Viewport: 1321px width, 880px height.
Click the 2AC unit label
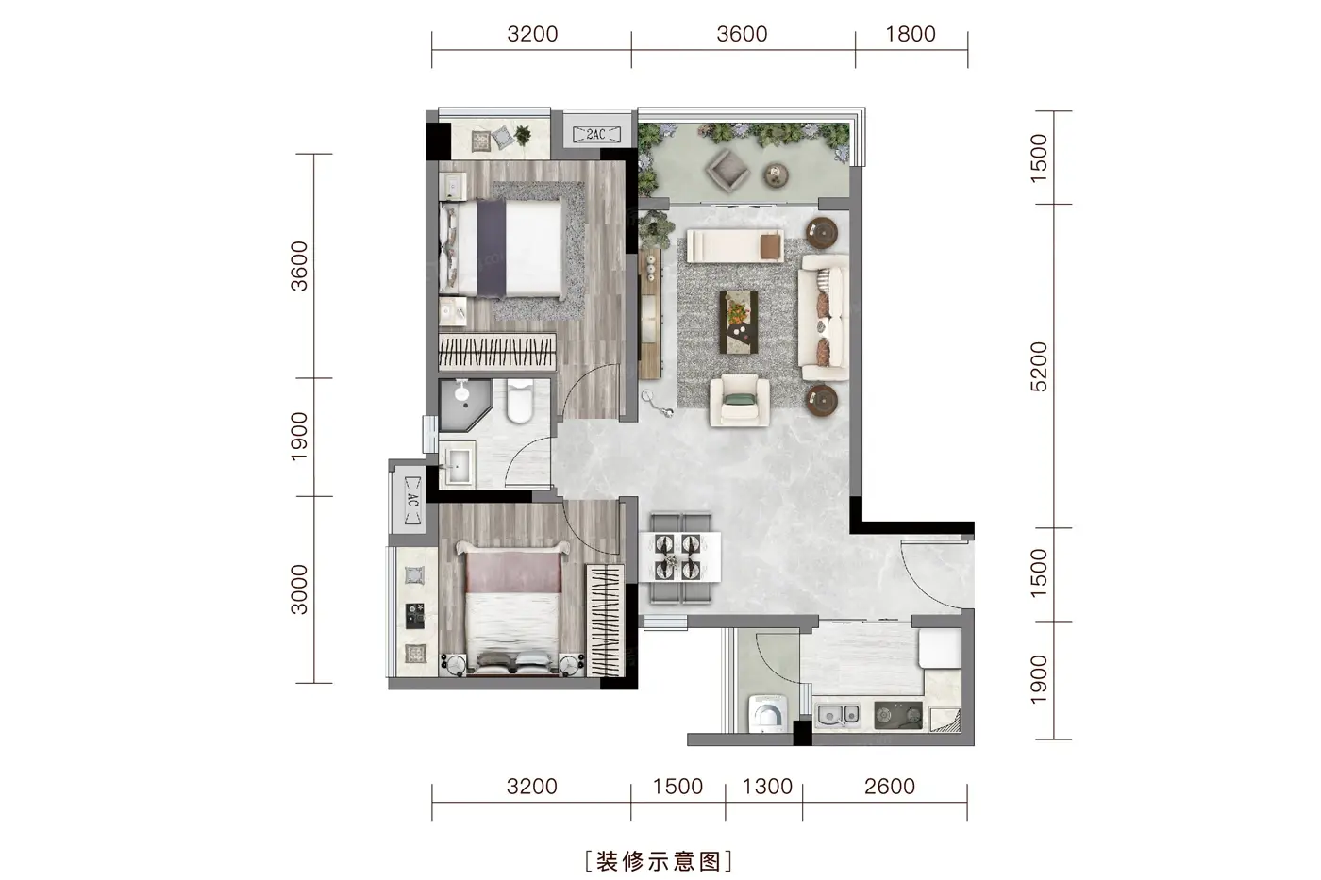coord(596,134)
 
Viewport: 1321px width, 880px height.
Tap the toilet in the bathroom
coord(520,401)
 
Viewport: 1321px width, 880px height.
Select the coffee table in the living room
coord(738,322)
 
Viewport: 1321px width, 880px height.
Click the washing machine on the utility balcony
coord(768,714)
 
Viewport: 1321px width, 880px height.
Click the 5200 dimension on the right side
coord(1039,367)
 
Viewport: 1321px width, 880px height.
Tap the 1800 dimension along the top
coord(911,34)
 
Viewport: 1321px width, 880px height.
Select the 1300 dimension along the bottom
coord(766,787)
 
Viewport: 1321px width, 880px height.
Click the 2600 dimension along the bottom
coord(889,787)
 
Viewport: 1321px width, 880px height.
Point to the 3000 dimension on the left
coord(300,589)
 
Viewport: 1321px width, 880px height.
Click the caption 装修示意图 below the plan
coord(659,861)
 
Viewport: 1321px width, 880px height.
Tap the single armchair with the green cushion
coord(740,401)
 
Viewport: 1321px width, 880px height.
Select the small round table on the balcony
coord(776,175)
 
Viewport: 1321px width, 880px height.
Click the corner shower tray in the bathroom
coord(464,406)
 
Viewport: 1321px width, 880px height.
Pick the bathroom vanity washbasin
coord(458,465)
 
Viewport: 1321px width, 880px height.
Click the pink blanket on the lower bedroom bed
coord(513,573)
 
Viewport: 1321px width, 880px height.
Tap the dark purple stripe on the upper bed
coord(492,248)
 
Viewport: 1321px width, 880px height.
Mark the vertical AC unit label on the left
coord(413,501)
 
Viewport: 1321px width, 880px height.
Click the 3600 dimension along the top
coord(742,34)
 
